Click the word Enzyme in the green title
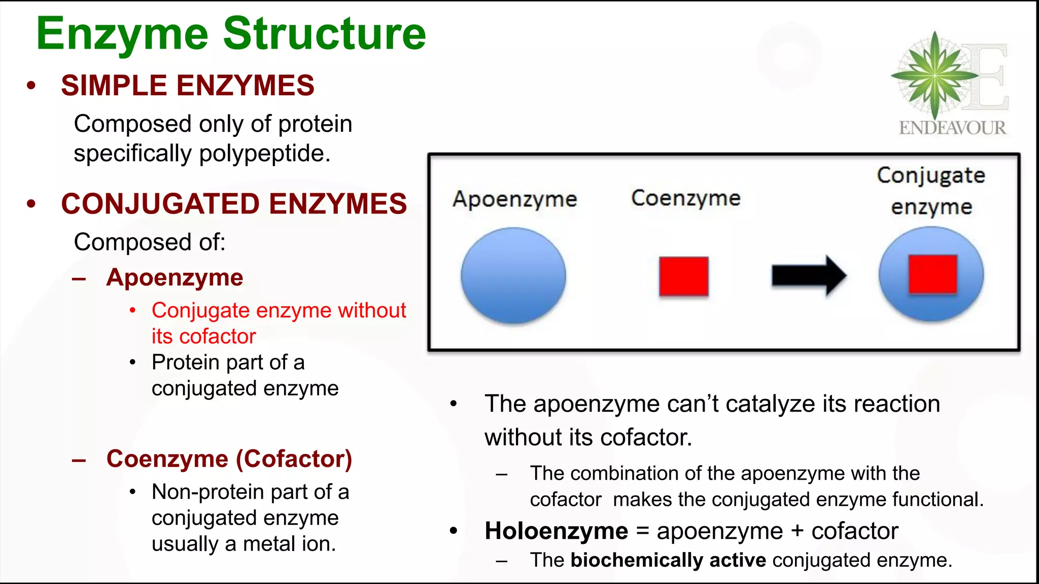(122, 34)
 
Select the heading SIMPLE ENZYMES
(188, 85)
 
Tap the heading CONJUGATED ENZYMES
(234, 204)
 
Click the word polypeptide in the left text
(264, 154)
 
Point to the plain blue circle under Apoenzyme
(513, 275)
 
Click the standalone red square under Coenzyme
(683, 276)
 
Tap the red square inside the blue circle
(932, 274)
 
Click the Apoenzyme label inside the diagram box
(514, 199)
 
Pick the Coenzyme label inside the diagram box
(685, 198)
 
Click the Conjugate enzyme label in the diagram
(931, 191)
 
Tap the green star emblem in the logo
(934, 75)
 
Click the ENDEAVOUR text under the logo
(952, 128)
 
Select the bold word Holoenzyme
(556, 531)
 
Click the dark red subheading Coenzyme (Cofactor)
(229, 459)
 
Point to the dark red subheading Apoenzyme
(175, 278)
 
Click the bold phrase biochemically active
(668, 560)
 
